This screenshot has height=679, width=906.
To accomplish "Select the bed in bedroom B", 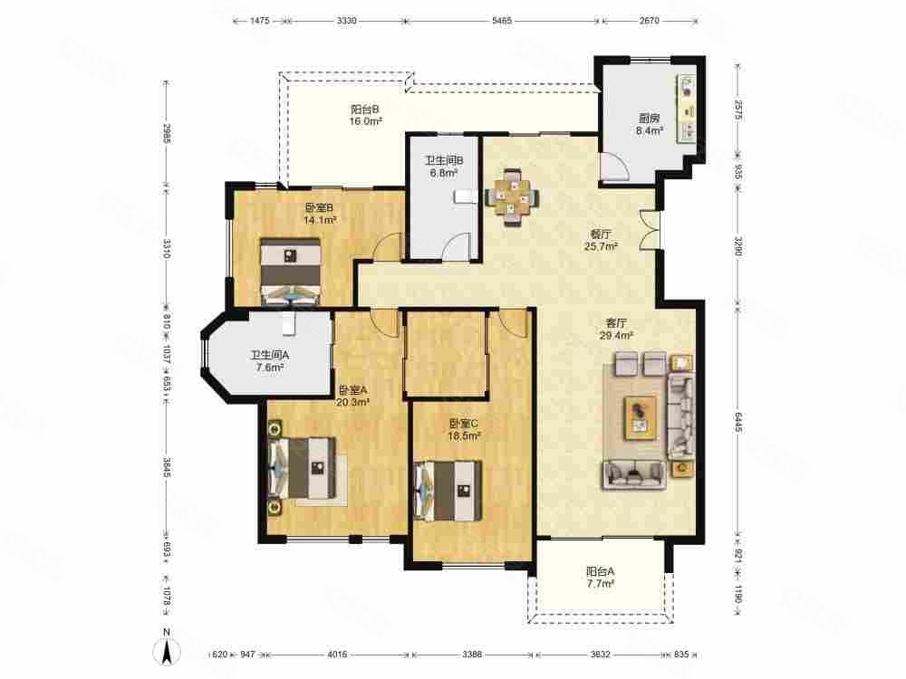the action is pos(290,272).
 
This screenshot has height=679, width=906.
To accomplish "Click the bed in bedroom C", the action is pos(448,490).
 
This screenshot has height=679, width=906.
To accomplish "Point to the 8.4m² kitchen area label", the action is pos(649,131).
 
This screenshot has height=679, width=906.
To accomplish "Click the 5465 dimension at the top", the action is pos(502,21).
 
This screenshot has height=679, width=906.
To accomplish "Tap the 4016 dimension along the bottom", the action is pos(337,655).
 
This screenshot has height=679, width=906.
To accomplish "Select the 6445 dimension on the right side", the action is pos(738,422).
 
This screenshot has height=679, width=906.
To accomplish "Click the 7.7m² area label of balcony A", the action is pos(600,584).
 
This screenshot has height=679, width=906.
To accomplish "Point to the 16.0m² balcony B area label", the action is pos(366,121).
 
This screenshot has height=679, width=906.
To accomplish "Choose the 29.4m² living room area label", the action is pos(616,335).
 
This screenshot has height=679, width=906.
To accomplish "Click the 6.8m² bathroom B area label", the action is pos(444,172).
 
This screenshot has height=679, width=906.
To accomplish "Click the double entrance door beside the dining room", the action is pos(649,230).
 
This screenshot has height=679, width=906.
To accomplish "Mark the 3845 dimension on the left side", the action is pos(166,467).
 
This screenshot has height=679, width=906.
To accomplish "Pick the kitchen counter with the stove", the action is pos(688,108).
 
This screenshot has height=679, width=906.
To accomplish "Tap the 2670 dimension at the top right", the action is pos(650,21).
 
